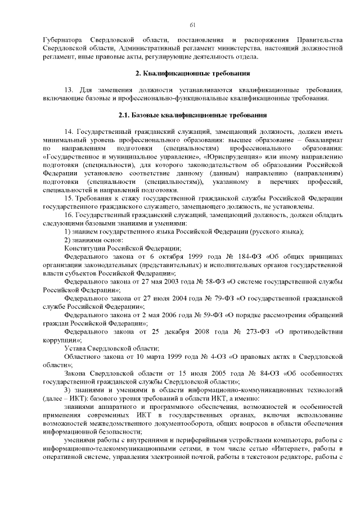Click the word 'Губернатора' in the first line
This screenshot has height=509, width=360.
point(62,41)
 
